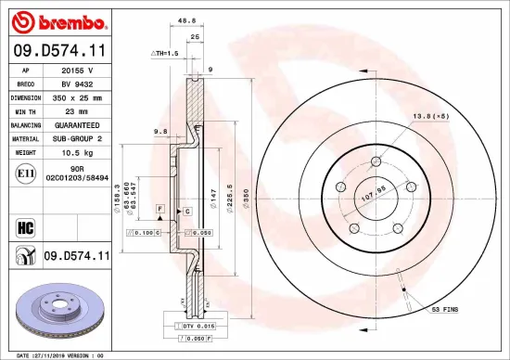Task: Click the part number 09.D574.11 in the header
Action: [59, 49]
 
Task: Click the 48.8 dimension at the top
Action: [185, 19]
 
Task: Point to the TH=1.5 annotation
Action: [164, 54]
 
